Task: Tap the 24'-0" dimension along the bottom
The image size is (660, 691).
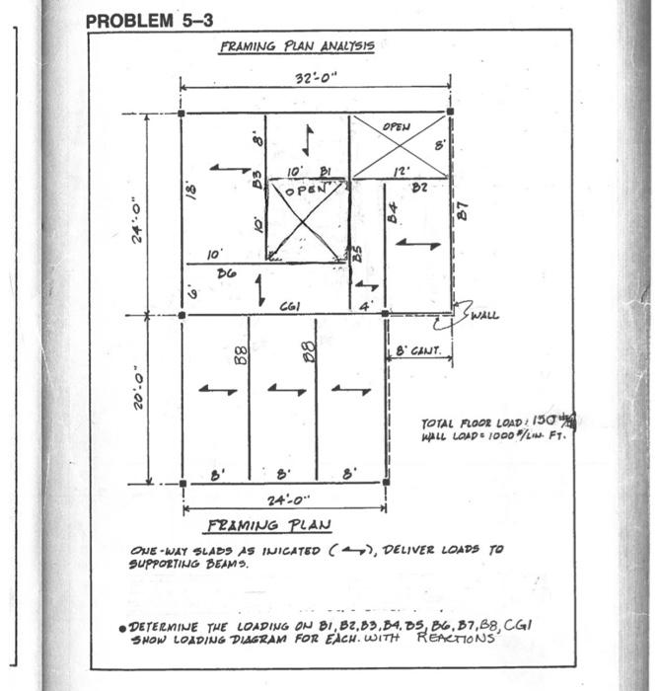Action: pos(284,500)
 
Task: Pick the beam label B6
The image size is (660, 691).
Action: pos(226,271)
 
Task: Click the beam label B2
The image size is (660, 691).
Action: pos(418,186)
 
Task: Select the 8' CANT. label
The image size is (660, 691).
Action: pos(418,350)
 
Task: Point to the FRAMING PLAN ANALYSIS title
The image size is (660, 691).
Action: pos(296,46)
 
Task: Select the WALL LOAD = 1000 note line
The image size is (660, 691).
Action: pos(490,435)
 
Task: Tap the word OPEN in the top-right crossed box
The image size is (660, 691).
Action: pos(397,128)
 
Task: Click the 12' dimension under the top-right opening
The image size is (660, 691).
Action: pos(402,170)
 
